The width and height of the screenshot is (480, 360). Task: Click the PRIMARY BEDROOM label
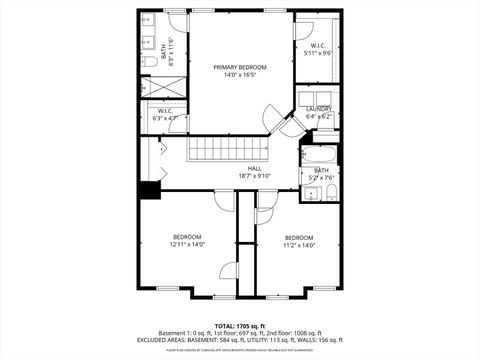click(x=239, y=67)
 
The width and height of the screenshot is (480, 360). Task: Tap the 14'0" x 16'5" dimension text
click(x=239, y=75)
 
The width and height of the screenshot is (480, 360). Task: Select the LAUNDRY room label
click(x=319, y=109)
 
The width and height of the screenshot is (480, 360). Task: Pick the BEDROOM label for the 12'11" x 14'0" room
click(x=186, y=237)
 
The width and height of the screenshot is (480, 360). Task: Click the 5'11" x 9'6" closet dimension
click(x=319, y=53)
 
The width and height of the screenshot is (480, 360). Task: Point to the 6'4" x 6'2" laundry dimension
click(x=319, y=117)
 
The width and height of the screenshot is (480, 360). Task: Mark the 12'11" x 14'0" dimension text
click(x=186, y=245)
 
